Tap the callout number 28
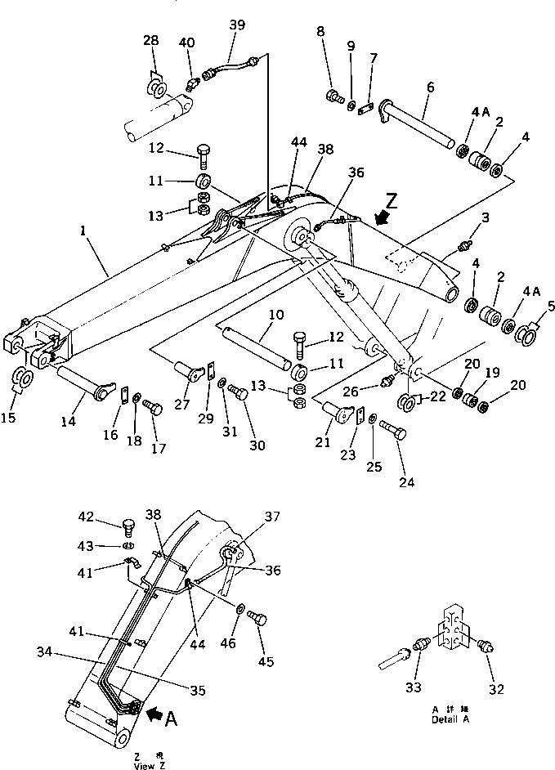[x=152, y=40]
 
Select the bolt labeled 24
[x=395, y=431]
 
